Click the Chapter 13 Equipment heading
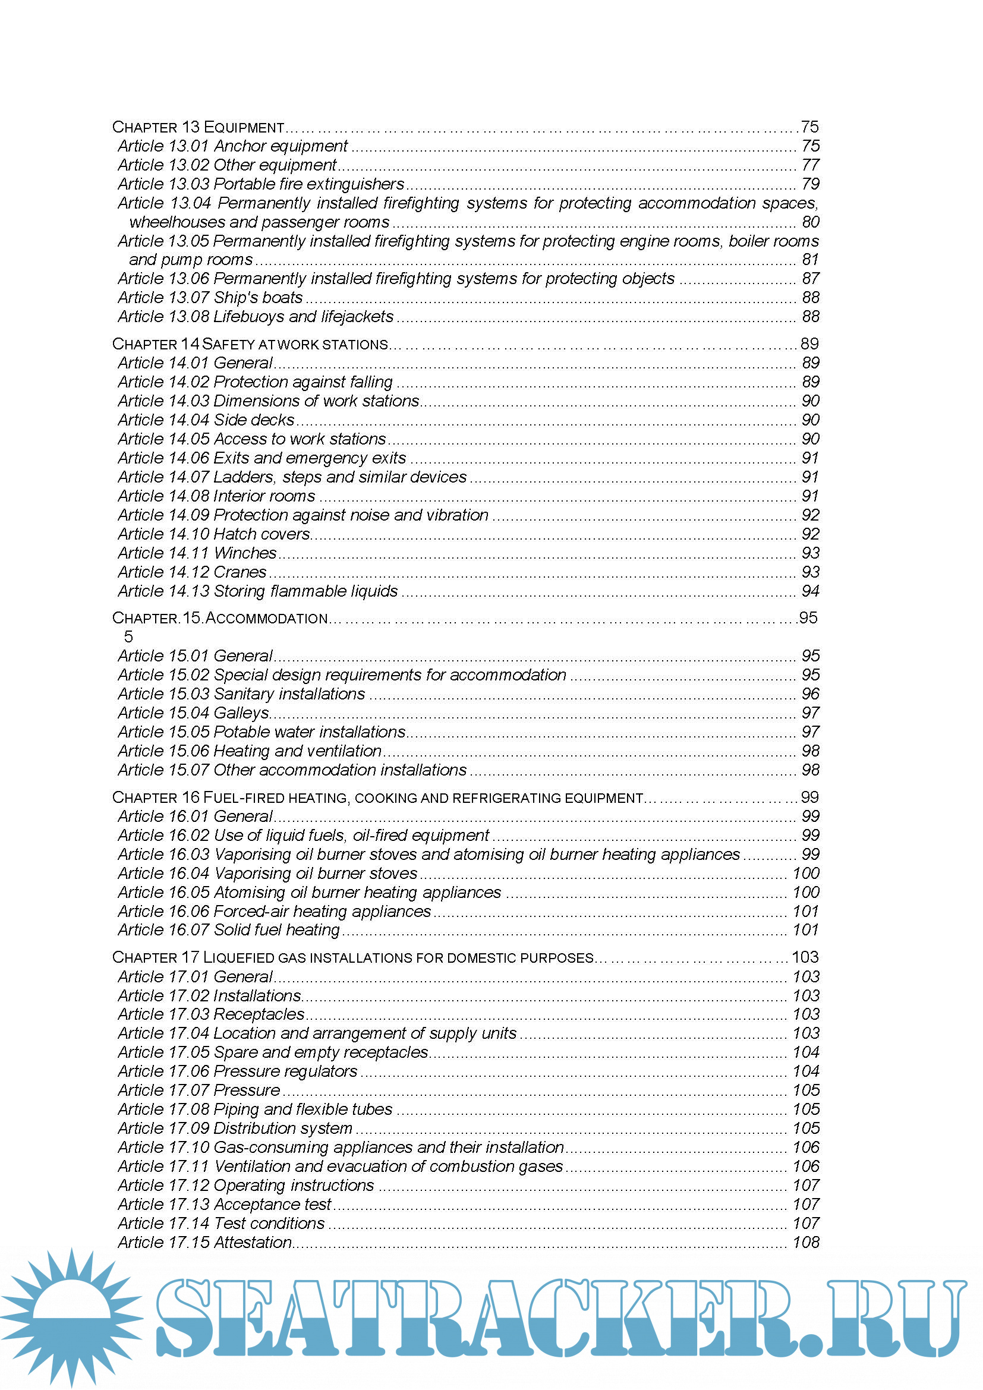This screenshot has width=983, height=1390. [199, 127]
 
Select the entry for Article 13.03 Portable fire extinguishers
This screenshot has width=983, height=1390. [261, 184]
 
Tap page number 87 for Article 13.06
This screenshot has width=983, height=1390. [810, 279]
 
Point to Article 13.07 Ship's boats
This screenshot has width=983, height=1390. [210, 298]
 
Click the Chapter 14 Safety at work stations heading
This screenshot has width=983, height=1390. [250, 344]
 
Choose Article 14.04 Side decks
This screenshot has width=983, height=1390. [206, 420]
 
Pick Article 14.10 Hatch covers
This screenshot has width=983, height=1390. [214, 534]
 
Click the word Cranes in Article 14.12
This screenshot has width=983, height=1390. [240, 572]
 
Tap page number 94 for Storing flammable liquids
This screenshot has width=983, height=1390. [810, 591]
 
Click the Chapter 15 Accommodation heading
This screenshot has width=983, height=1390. [220, 618]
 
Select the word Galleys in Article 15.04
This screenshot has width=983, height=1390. [241, 713]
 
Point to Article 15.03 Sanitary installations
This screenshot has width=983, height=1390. [241, 694]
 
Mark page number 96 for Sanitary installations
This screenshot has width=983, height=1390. [810, 694]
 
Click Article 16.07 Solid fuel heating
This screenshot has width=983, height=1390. [229, 930]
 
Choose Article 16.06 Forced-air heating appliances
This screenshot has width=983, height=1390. [274, 911]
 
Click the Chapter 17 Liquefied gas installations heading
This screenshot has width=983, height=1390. [353, 957]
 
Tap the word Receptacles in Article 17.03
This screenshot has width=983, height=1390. [259, 1014]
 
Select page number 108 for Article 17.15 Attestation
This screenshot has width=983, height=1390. [806, 1242]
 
